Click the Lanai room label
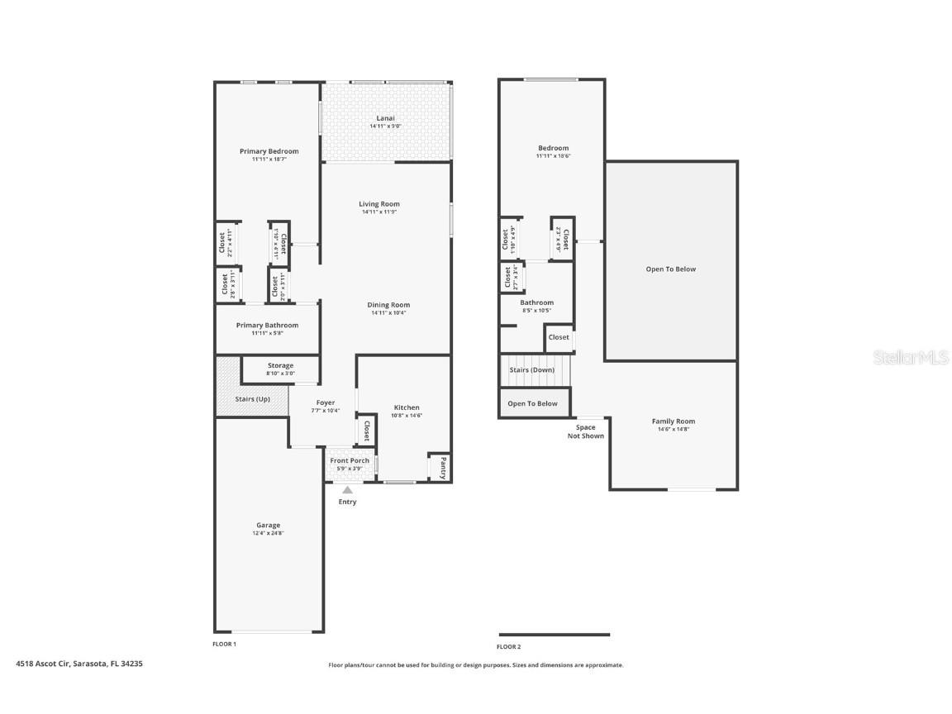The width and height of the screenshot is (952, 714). coord(385,118)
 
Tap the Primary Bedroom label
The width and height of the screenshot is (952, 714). coord(269,151)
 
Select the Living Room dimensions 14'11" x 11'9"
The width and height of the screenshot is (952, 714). coord(380,212)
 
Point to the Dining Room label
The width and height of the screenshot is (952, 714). coord(388,305)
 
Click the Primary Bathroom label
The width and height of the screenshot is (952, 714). coord(267,326)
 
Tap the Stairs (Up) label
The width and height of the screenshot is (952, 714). coord(252,399)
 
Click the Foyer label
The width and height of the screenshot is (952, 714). coord(326,402)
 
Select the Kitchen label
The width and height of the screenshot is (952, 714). coord(406,407)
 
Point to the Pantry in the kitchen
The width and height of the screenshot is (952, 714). coord(442,468)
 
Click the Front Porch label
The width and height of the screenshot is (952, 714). coord(350,460)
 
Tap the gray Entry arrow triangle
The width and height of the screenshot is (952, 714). coord(348,490)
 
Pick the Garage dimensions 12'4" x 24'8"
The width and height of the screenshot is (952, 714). coord(268,534)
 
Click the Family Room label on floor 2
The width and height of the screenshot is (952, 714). coord(674,421)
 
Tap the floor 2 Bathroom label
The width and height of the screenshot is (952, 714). coord(536,302)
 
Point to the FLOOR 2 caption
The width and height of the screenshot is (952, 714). coord(509,646)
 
